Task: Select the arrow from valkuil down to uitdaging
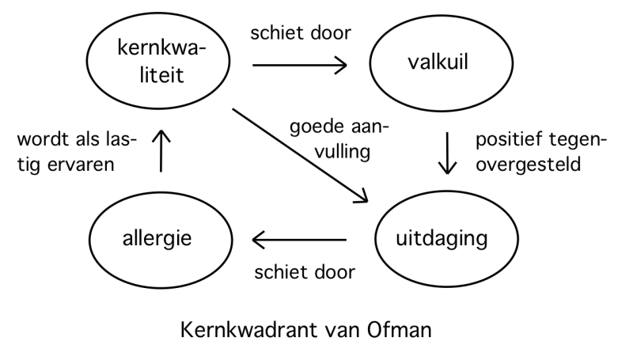448,155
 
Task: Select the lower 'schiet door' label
303,273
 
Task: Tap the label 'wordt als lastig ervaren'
75,151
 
